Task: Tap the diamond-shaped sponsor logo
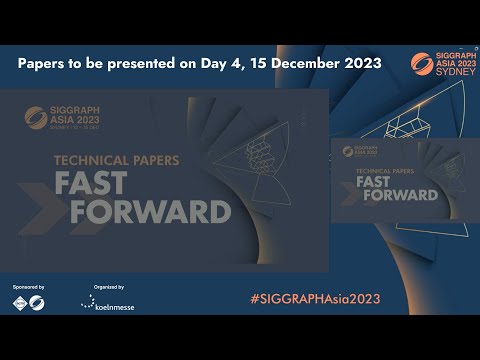18,303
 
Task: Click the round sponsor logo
36,303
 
